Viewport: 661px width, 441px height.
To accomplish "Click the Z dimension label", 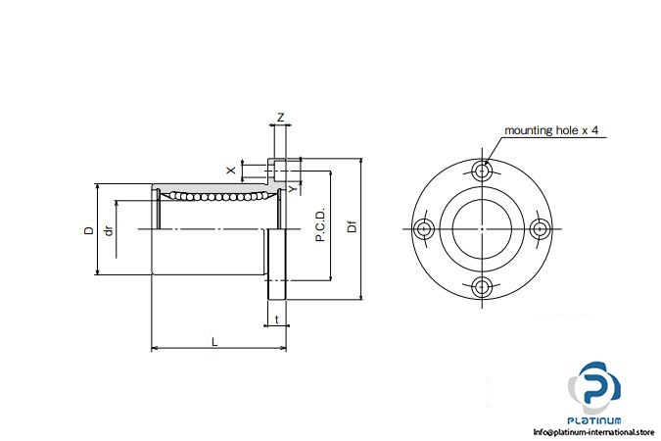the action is pyautogui.click(x=280, y=117).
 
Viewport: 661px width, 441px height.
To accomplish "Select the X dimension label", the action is pyautogui.click(x=231, y=171).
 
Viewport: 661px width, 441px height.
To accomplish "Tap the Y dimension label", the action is pyautogui.click(x=293, y=188).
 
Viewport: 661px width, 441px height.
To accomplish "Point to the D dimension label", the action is pyautogui.click(x=89, y=230).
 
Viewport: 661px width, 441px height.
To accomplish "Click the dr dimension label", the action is pyautogui.click(x=109, y=231).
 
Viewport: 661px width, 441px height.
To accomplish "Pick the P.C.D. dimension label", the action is pyautogui.click(x=320, y=224).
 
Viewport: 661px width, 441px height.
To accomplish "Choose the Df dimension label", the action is pyautogui.click(x=352, y=227).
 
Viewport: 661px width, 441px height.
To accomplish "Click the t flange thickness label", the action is pyautogui.click(x=276, y=319).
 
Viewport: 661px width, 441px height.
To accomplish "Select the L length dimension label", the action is pyautogui.click(x=214, y=341).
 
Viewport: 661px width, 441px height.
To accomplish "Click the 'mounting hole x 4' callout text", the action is pyautogui.click(x=551, y=130).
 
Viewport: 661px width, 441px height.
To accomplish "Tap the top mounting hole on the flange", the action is pyautogui.click(x=482, y=171).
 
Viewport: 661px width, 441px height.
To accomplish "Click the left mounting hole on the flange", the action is pyautogui.click(x=423, y=229).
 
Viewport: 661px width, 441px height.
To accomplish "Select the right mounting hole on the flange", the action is pyautogui.click(x=540, y=229).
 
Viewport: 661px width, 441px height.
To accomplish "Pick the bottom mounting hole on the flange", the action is pyautogui.click(x=482, y=287).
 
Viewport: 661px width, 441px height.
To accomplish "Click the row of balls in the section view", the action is pyautogui.click(x=218, y=196).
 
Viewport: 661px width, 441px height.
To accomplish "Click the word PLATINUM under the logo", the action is pyautogui.click(x=594, y=420).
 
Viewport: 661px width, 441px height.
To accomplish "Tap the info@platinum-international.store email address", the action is pyautogui.click(x=593, y=432).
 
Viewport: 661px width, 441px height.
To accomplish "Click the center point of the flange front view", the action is pyautogui.click(x=482, y=229).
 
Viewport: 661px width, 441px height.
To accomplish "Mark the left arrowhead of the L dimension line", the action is pyautogui.click(x=155, y=348).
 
